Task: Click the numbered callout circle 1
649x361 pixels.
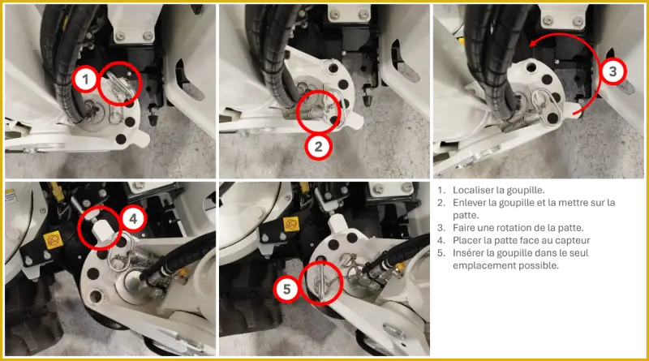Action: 85,79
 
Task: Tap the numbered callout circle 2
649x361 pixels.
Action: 318,146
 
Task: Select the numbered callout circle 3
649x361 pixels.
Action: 612,71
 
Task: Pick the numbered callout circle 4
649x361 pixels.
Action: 133,218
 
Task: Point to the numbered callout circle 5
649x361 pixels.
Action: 287,289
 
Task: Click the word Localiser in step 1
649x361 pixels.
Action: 471,190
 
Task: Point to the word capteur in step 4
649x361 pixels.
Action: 573,240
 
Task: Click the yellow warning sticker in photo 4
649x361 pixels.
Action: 54,241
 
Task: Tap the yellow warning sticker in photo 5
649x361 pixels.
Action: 291,225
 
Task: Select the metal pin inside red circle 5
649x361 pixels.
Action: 321,279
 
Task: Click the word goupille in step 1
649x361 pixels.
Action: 526,191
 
